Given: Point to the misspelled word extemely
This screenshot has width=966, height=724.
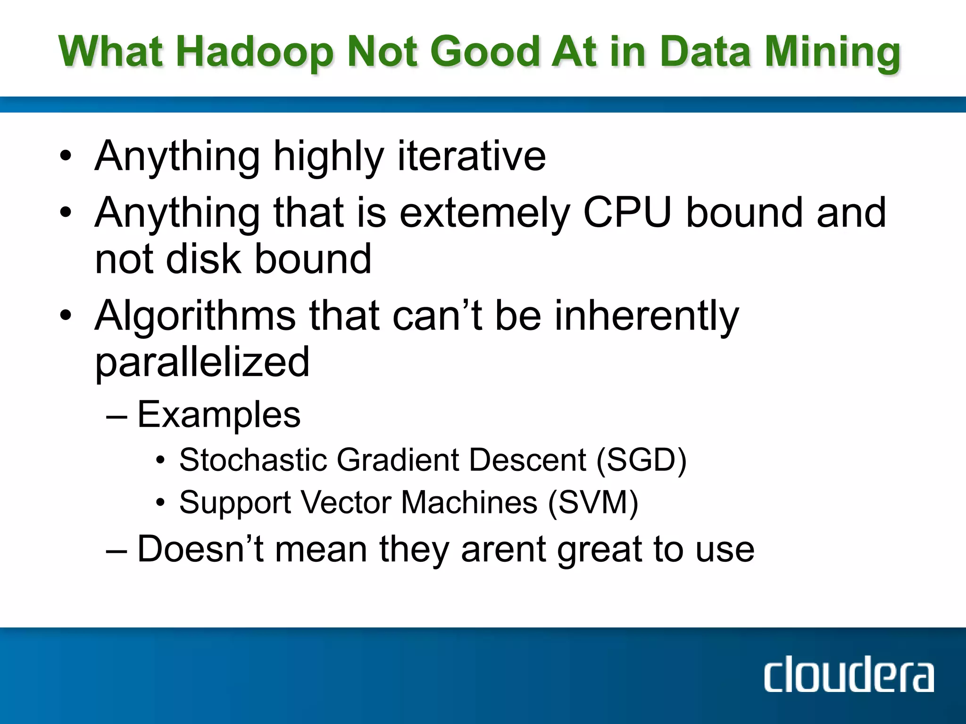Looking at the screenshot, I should pos(485,213).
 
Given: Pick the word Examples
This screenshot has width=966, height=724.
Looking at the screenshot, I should pos(219,415).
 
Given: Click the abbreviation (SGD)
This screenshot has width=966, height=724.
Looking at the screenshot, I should pos(641,460).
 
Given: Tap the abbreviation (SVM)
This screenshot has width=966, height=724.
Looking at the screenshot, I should pos(593,502).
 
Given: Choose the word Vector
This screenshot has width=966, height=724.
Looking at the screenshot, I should pos(346,502).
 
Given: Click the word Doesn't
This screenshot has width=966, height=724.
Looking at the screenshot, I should pos(200,549).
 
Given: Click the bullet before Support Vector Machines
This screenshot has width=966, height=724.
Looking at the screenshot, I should pos(160,502).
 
